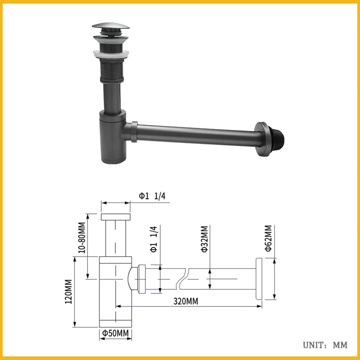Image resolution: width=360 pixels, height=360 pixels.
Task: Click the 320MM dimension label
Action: coord(186,301)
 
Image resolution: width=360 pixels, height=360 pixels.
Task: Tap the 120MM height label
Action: coord(68,292)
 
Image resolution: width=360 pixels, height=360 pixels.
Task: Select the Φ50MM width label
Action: coord(116,333)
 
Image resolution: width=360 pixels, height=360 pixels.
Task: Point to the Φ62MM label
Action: coord(268,238)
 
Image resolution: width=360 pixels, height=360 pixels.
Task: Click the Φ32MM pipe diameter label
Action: coord(205,239)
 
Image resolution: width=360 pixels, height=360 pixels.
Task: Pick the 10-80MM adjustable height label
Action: coord(82,238)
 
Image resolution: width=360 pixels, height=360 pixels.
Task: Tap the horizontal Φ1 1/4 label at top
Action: coord(152,196)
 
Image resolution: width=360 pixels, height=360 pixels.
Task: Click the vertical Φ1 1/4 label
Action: coord(154,239)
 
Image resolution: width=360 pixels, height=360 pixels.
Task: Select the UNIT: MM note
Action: coord(325,345)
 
